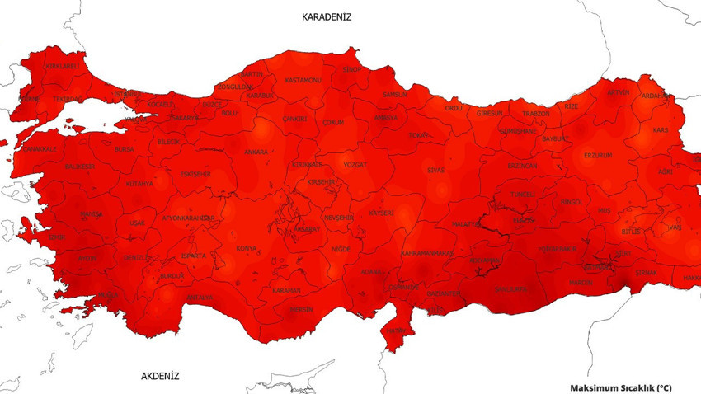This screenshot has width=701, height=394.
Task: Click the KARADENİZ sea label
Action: click(327, 17)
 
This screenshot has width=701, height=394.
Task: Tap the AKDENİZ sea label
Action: click(160, 376)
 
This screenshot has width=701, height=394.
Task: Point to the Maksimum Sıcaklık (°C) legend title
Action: click(621, 387)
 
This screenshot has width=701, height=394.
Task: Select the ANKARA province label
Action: click(256, 152)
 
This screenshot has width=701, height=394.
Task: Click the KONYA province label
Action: click(246, 248)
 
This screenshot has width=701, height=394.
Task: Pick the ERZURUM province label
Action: click(598, 155)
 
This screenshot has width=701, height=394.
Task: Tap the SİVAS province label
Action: click(435, 170)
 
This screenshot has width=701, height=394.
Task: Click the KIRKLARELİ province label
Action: click(63, 66)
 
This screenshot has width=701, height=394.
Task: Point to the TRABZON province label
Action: click(536, 114)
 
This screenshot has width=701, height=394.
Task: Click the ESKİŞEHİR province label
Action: click(195, 174)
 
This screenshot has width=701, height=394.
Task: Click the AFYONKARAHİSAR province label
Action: click(189, 218)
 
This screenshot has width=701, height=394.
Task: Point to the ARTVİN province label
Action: click(618, 92)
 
